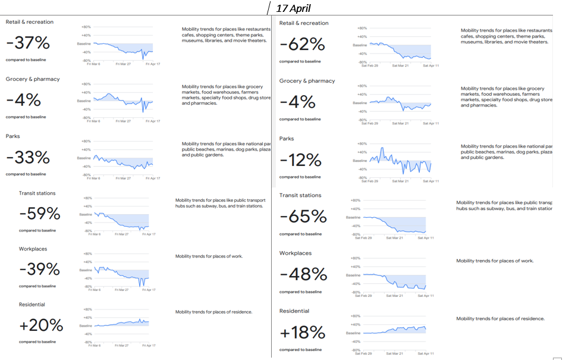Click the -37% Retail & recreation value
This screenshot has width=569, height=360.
(x=28, y=43)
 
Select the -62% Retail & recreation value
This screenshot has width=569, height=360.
(x=302, y=45)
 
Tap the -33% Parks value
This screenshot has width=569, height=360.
(x=28, y=158)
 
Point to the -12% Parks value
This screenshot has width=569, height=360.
(x=301, y=160)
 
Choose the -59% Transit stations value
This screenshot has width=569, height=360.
(x=40, y=213)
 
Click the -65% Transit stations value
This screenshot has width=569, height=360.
(x=303, y=217)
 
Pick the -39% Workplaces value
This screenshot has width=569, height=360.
(x=40, y=269)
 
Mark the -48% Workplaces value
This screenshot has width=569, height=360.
(x=303, y=274)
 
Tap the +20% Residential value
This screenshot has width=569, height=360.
(x=41, y=325)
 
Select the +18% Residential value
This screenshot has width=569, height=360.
(x=303, y=332)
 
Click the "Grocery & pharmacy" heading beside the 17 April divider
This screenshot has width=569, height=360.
(x=307, y=81)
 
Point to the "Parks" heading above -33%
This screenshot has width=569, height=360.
(x=12, y=136)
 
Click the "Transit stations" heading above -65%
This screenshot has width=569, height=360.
(x=300, y=195)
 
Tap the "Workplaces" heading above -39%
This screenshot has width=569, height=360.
(x=33, y=249)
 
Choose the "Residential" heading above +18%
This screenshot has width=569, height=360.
(x=294, y=311)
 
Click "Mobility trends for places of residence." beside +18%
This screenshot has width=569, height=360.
(x=500, y=318)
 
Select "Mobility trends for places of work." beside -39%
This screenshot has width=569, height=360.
(x=209, y=256)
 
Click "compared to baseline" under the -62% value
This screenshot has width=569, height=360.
(x=300, y=61)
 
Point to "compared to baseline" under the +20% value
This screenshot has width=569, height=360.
(x=37, y=342)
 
